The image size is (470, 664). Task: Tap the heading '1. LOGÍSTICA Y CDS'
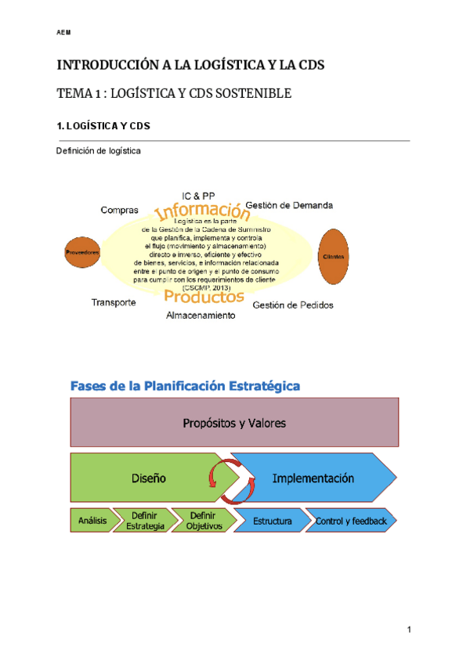tap(103, 125)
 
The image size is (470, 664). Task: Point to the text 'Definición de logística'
tap(99, 151)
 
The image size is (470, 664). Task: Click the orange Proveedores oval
tap(82, 252)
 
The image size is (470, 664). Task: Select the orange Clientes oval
tap(334, 257)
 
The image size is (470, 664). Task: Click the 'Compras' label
tap(120, 210)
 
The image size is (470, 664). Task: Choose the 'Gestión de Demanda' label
tap(289, 205)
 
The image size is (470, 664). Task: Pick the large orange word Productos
tap(204, 297)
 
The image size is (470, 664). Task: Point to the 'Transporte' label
tap(114, 302)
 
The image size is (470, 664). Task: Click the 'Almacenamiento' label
tap(200, 315)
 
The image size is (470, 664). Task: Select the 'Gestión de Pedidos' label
tap(293, 305)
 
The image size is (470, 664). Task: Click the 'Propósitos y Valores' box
tap(234, 423)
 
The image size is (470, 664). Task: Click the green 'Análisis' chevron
tap(92, 521)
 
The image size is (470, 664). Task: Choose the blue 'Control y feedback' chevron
tap(352, 521)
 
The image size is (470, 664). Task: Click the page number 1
tap(409, 630)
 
